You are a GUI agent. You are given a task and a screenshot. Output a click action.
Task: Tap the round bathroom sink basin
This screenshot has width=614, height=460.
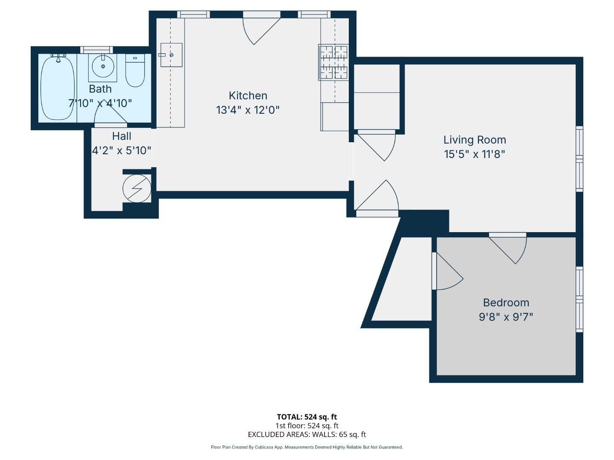coord(103,66)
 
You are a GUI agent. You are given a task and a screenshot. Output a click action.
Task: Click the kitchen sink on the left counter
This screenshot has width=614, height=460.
coord(171,55)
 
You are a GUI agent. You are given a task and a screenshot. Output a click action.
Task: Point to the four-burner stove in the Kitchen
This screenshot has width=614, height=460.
coord(333,63)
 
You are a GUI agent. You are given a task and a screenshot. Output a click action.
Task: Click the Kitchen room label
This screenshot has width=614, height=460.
coord(248,95)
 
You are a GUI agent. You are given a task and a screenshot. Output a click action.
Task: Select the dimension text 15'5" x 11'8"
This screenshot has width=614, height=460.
coord(475,154)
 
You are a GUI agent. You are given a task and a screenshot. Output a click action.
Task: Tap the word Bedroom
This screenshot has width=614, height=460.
coord(506,303)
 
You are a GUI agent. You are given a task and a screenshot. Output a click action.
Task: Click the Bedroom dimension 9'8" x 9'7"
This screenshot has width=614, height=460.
coord(506,317)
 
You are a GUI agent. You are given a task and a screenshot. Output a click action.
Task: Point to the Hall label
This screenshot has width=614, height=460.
coord(122,136)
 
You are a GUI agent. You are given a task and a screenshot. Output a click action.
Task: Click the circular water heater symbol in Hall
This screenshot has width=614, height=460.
coord(137,188)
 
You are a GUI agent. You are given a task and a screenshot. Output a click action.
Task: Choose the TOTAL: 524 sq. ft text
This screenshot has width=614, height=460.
coord(307,417)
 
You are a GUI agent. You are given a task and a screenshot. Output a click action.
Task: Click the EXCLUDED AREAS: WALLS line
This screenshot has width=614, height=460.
coord(307,434)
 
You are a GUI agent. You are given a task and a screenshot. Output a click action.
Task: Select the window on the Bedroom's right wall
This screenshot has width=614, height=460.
coord(579,299)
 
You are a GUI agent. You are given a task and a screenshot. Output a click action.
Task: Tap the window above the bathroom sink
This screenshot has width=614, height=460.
coord(97,50)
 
